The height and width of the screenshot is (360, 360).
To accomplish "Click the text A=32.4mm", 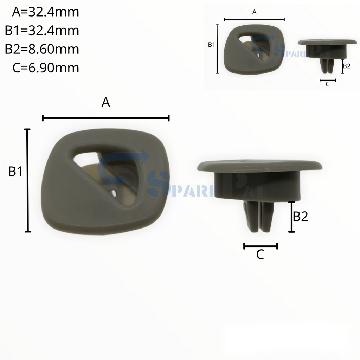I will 45,12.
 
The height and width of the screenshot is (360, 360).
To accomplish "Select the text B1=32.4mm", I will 42,31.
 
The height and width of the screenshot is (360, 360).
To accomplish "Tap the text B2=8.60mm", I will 42,49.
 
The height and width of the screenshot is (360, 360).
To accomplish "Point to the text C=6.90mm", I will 45,67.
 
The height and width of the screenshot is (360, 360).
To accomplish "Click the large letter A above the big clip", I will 106,102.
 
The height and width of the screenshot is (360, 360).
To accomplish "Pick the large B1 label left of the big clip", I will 15,172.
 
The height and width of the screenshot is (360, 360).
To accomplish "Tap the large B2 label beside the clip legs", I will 301,217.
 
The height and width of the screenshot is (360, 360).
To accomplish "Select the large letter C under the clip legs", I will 260,255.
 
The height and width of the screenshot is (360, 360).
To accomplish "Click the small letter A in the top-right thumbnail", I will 255,12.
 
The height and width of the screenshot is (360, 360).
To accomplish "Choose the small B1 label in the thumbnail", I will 211,45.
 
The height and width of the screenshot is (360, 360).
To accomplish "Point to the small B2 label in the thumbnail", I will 347,66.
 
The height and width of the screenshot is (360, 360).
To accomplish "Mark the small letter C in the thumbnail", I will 328,84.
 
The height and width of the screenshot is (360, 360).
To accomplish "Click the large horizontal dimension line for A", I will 106,118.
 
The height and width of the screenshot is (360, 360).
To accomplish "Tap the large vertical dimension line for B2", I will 291,217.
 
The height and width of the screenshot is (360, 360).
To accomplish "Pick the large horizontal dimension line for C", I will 261,246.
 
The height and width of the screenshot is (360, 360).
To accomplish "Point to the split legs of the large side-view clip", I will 260,217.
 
